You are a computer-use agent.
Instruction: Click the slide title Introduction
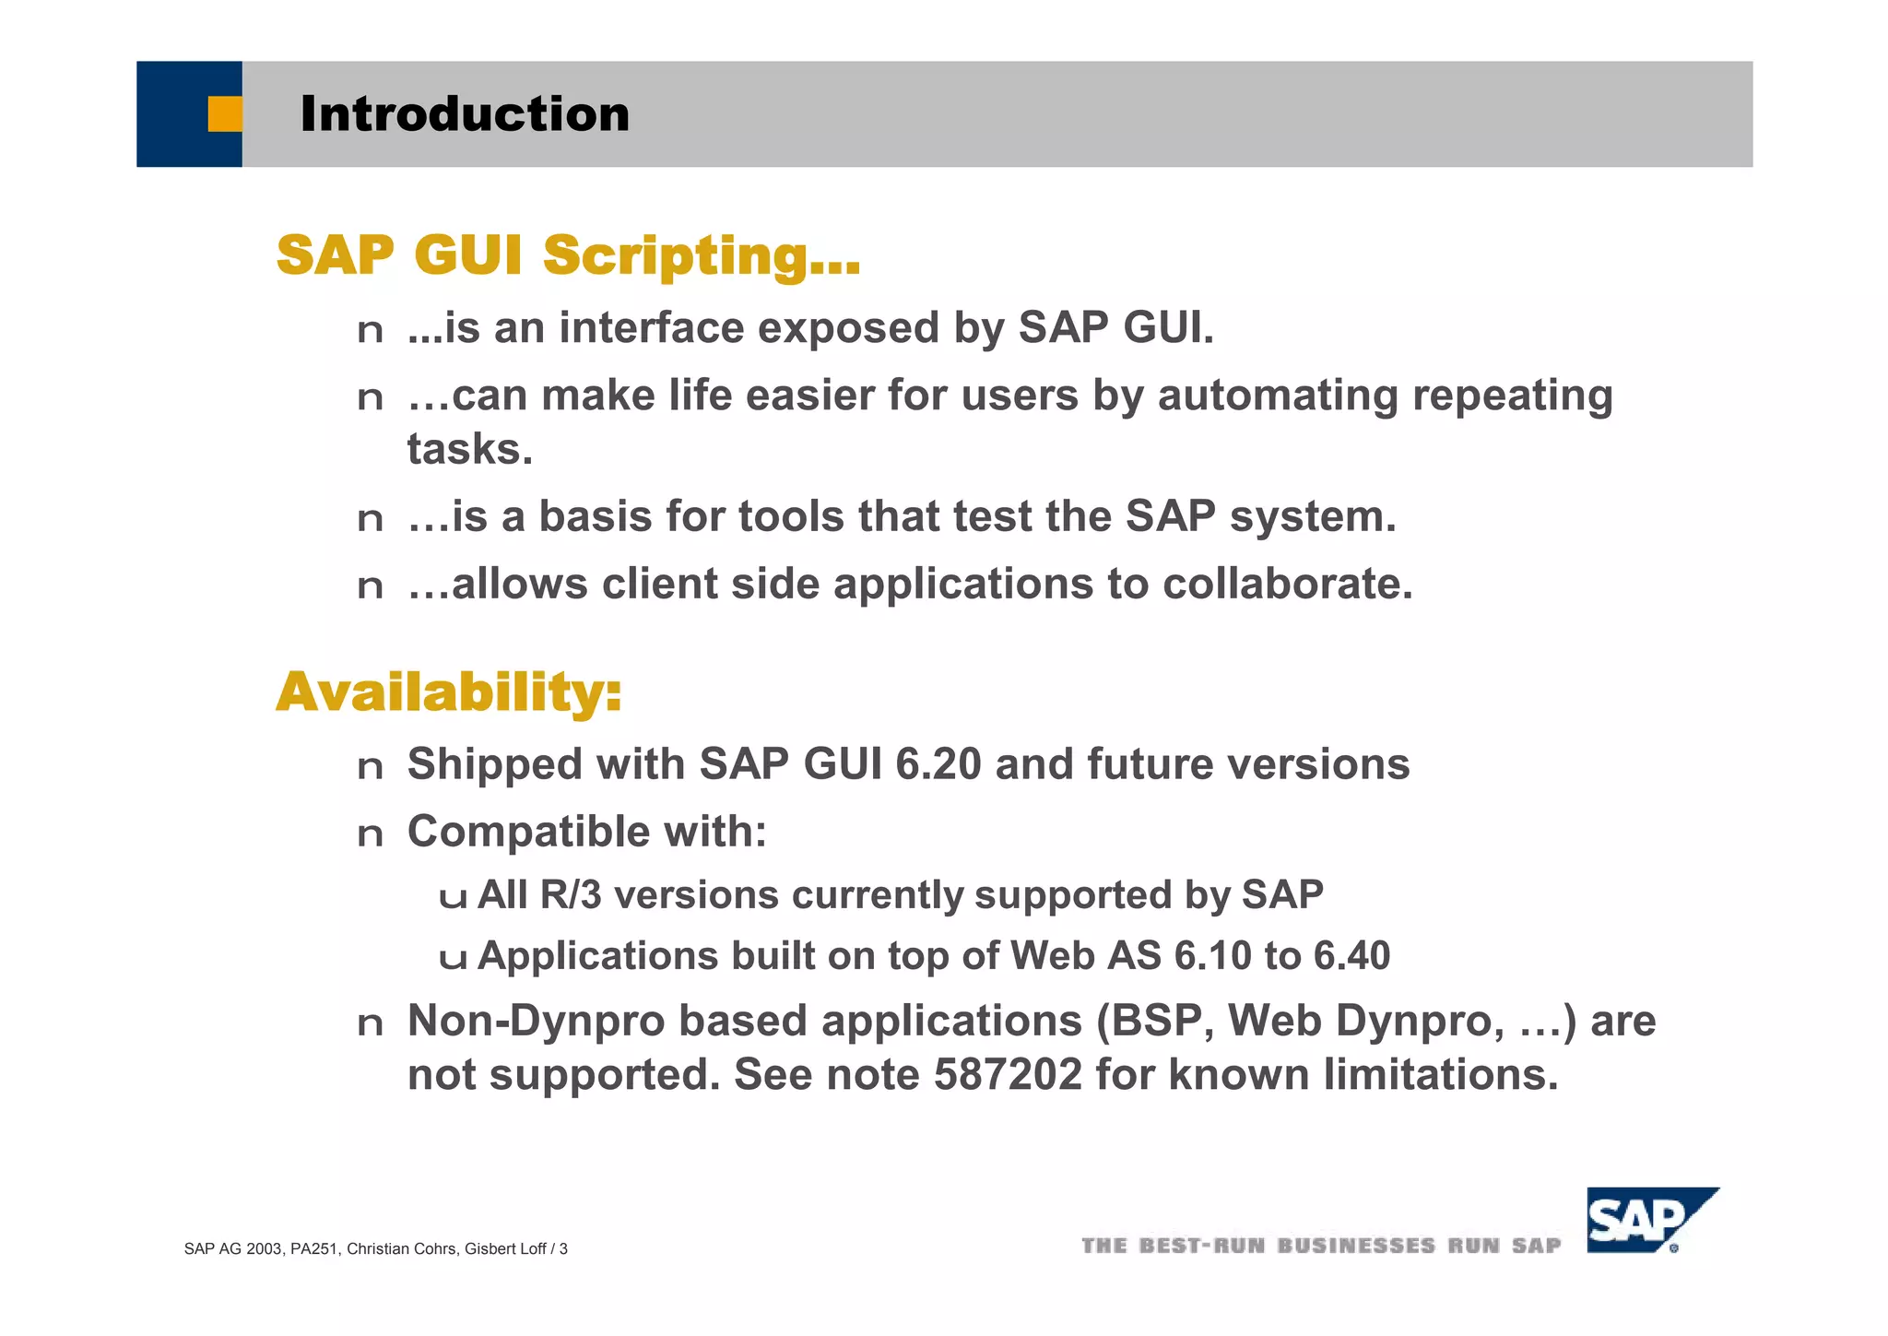pos(465,114)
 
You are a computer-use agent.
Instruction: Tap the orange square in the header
pos(224,114)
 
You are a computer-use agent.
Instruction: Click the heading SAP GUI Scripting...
pos(568,254)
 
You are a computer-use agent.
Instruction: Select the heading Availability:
pos(449,692)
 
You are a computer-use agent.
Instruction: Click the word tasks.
pos(469,450)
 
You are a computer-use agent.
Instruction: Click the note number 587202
pos(1008,1074)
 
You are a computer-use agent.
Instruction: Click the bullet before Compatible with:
pos(370,834)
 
